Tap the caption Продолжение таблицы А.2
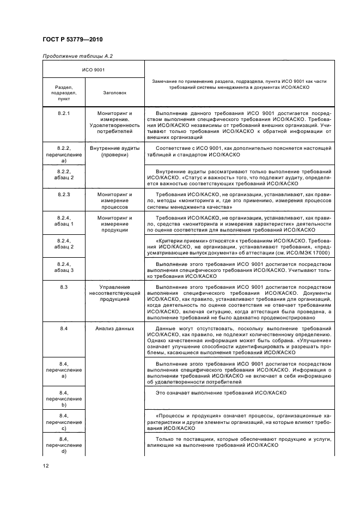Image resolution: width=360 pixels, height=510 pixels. pyautogui.click(x=77, y=56)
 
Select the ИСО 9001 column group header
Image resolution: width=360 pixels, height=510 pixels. pyautogui.click(x=93, y=70)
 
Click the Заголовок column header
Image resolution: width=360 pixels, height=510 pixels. pyautogui.click(x=114, y=93)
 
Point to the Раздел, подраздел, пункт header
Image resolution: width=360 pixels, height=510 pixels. pyautogui.click(x=63, y=93)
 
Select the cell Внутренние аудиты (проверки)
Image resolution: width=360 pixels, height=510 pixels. pyautogui.click(x=114, y=151)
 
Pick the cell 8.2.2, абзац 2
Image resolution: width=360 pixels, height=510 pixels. pyautogui.click(x=63, y=174)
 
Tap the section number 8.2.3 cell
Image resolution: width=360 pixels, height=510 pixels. pyautogui.click(x=63, y=193)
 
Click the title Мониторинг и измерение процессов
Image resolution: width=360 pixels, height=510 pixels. pyautogui.click(x=114, y=201)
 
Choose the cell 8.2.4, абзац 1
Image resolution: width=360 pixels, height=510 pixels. pyautogui.click(x=63, y=221)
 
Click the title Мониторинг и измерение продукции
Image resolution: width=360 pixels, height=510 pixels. pyautogui.click(x=114, y=224)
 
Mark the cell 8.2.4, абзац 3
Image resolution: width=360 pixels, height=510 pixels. pyautogui.click(x=63, y=266)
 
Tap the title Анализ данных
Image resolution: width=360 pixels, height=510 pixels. pyautogui.click(x=114, y=329)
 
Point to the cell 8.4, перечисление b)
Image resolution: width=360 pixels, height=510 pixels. pyautogui.click(x=63, y=399)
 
